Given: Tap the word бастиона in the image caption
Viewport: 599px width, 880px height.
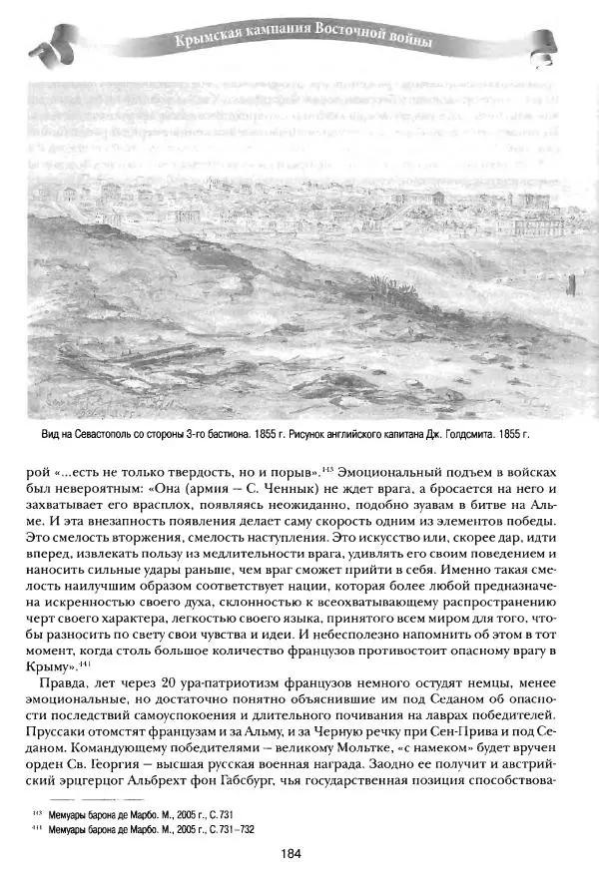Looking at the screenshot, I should coord(249,436).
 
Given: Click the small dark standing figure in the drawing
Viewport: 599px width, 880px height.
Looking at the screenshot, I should coord(571,287).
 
